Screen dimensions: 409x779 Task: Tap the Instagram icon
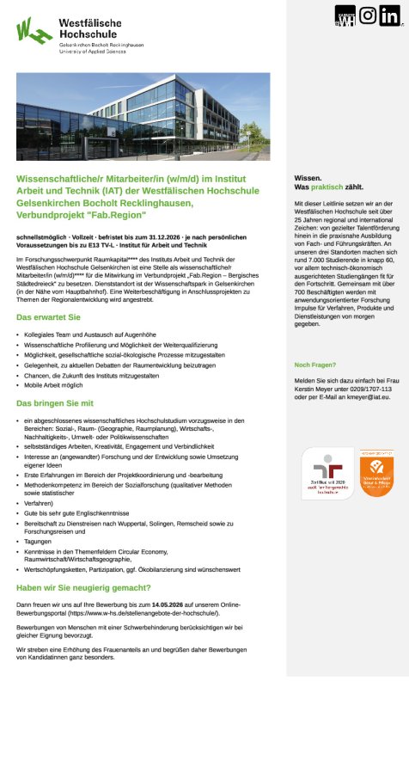pos(368,15)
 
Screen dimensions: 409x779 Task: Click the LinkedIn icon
pos(389,15)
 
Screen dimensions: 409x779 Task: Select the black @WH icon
pos(345,15)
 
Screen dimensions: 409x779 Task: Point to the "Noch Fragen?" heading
pos(315,364)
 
